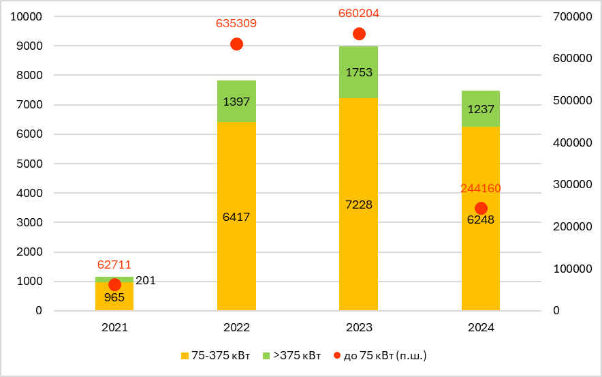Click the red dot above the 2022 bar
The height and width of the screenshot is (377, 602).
point(237,44)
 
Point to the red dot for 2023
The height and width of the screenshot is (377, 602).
point(359,34)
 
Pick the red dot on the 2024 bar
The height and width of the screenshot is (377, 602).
point(481,208)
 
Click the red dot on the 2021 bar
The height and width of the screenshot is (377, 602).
point(114,285)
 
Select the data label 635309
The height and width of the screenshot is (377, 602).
point(236,24)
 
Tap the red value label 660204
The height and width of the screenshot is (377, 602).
point(359,13)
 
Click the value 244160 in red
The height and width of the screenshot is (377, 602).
point(481,188)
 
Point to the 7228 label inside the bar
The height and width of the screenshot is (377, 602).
point(359,205)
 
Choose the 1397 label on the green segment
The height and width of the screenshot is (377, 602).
point(236,102)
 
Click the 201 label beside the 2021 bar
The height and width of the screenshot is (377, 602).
point(146,280)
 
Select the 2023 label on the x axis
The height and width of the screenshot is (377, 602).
point(359,327)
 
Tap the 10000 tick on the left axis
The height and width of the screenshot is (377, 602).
point(26,16)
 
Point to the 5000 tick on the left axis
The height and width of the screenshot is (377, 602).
point(29,164)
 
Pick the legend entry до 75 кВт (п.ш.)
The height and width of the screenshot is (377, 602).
point(381,355)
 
